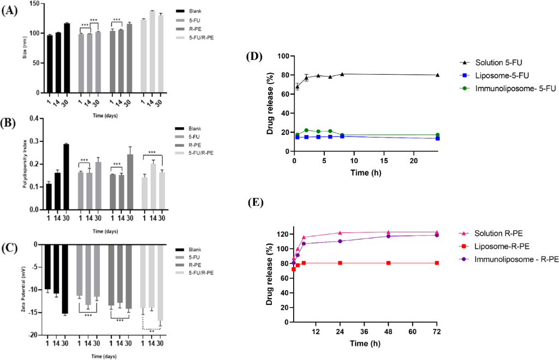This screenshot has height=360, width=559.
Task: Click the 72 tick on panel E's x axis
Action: tap(436, 332)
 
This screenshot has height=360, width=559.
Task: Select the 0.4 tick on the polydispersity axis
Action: tap(35, 118)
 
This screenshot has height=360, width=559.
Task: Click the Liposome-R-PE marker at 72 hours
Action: tap(436, 263)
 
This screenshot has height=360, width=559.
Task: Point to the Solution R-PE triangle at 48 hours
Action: tap(388, 232)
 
